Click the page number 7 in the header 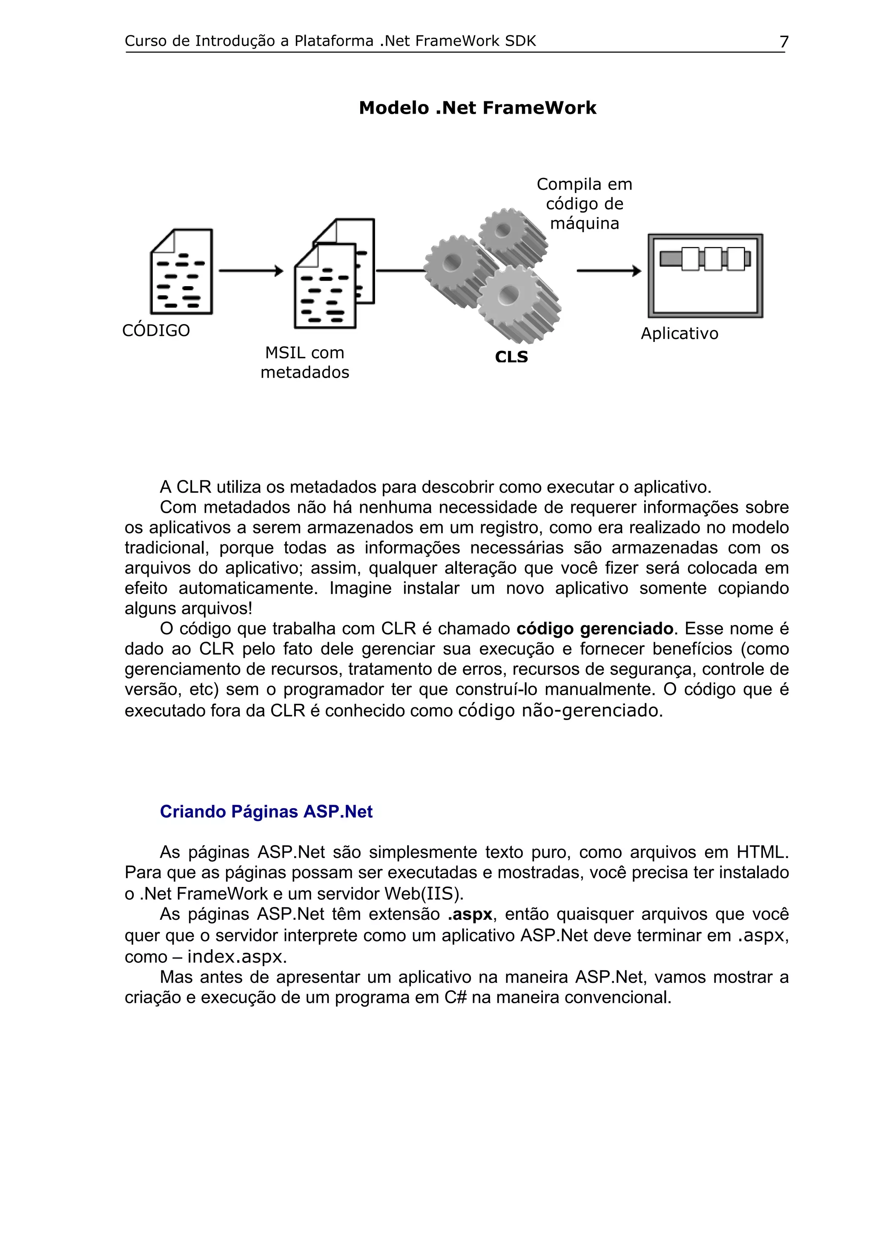point(783,41)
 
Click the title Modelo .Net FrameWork point(477,108)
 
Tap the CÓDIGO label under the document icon point(156,330)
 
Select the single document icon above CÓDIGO point(182,272)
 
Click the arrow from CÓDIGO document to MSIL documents point(251,271)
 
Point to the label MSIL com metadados point(304,363)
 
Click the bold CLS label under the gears point(511,357)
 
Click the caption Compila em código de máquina point(584,204)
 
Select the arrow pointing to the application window point(609,271)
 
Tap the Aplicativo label point(679,334)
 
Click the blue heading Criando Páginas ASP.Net point(266,812)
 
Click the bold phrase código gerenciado point(594,629)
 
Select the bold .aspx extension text point(470,914)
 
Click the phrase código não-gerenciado point(560,711)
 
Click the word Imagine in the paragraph point(360,588)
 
